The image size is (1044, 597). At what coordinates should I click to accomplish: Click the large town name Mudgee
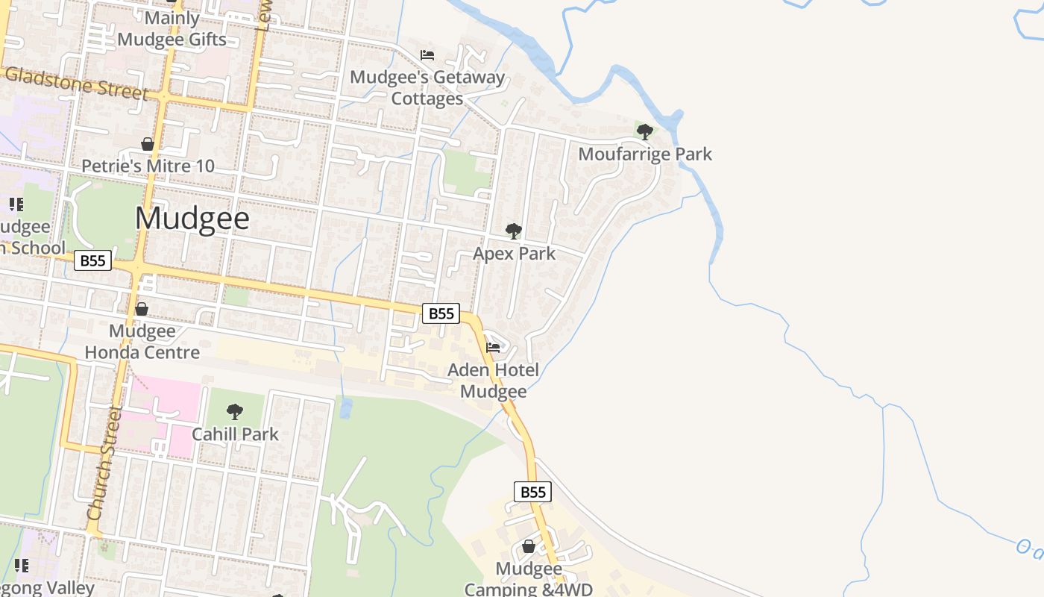click(192, 218)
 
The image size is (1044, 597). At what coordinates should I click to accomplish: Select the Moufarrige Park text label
click(645, 154)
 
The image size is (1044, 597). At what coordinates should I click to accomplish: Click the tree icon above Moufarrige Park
click(645, 132)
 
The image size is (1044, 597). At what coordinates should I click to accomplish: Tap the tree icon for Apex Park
click(513, 231)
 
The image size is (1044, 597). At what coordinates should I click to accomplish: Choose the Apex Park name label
click(514, 254)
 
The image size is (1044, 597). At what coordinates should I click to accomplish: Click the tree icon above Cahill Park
click(235, 411)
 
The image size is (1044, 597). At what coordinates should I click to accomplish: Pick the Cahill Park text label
click(235, 434)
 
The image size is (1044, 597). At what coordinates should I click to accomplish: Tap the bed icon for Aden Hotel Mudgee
click(493, 348)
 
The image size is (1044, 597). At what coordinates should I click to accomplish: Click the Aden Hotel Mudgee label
click(493, 381)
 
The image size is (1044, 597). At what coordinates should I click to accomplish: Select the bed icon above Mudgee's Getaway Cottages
click(427, 55)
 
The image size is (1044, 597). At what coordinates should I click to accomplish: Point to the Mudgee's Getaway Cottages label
click(427, 87)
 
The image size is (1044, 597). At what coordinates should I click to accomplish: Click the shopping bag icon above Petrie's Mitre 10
click(148, 144)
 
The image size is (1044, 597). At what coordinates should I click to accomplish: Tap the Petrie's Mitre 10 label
click(148, 166)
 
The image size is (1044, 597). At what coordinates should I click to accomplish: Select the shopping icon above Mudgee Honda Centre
click(142, 309)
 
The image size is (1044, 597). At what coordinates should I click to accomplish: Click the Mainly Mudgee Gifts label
click(172, 28)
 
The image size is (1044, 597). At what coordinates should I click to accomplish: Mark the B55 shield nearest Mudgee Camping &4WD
click(532, 492)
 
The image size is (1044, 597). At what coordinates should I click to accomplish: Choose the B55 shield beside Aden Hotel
click(441, 313)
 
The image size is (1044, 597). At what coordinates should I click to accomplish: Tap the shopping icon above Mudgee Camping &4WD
click(529, 547)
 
